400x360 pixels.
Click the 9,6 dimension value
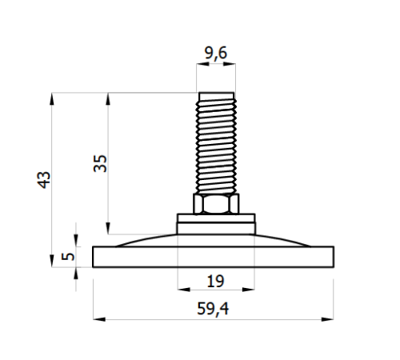coord(214,54)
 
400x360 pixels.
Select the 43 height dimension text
coord(45,179)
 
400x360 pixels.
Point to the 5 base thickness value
coord(68,257)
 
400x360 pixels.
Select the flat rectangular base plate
coord(214,256)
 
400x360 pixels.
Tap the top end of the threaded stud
coord(215,93)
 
